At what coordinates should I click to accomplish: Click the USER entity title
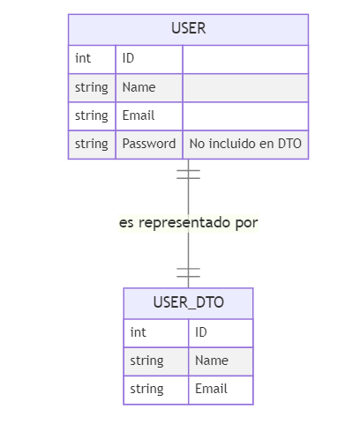pyautogui.click(x=189, y=28)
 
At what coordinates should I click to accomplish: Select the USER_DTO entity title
pyautogui.click(x=189, y=302)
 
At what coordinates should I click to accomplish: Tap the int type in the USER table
pyautogui.click(x=83, y=58)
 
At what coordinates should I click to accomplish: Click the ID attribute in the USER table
pyautogui.click(x=128, y=58)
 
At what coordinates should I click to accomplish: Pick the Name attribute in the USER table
pyautogui.click(x=139, y=87)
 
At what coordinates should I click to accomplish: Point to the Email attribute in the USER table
pyautogui.click(x=139, y=115)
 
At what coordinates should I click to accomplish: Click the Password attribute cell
pyautogui.click(x=149, y=144)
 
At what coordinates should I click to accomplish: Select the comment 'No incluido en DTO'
pyautogui.click(x=245, y=144)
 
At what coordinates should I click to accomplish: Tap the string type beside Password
pyautogui.click(x=92, y=145)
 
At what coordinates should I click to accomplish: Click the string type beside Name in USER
pyautogui.click(x=92, y=88)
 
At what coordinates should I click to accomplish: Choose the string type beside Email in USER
pyautogui.click(x=92, y=116)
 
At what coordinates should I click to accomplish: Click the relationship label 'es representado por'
pyautogui.click(x=189, y=223)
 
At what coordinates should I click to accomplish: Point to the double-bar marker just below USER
pyautogui.click(x=189, y=175)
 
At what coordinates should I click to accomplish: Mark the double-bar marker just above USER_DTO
pyautogui.click(x=189, y=272)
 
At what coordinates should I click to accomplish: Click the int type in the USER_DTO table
pyautogui.click(x=139, y=332)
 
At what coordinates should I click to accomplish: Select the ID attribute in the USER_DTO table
pyautogui.click(x=201, y=332)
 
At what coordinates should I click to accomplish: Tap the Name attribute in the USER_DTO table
pyautogui.click(x=212, y=361)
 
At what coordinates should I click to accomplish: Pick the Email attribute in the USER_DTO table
pyautogui.click(x=211, y=389)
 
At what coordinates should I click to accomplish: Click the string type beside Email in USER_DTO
pyautogui.click(x=146, y=390)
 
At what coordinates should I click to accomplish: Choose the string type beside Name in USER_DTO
pyautogui.click(x=146, y=361)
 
